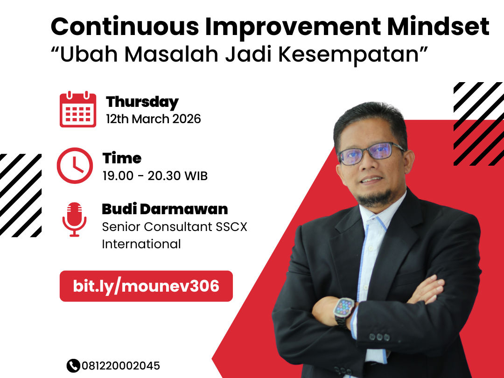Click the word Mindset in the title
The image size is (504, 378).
click(438, 26)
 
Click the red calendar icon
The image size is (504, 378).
click(78, 109)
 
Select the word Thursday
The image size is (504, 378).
click(142, 102)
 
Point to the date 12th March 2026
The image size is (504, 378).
click(154, 119)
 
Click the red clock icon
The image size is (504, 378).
click(75, 166)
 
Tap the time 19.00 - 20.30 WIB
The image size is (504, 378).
click(155, 176)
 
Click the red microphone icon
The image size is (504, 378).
click(75, 219)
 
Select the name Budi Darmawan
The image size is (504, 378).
click(165, 209)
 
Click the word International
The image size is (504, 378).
click(141, 244)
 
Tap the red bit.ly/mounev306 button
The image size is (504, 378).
click(146, 286)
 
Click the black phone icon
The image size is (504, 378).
click(73, 365)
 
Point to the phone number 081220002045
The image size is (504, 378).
click(120, 365)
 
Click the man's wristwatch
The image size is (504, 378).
click(344, 310)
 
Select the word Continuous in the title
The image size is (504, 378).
click(125, 26)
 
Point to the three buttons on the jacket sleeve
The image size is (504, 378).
click(379, 337)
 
